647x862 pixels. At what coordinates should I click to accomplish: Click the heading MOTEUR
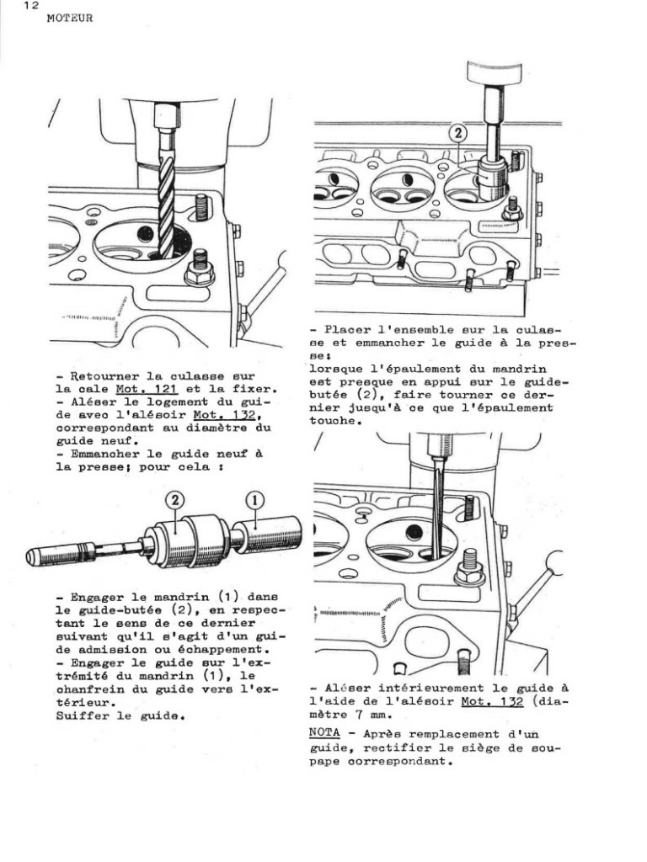[70, 19]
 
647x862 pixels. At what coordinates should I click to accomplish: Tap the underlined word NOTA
[324, 732]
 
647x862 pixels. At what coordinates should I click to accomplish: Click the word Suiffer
[81, 716]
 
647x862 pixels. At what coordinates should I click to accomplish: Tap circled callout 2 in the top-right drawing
[457, 132]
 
